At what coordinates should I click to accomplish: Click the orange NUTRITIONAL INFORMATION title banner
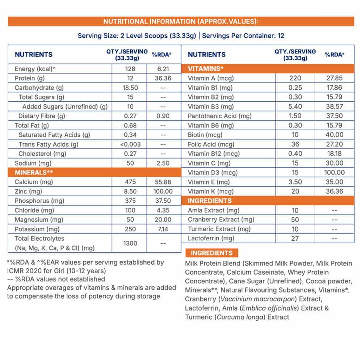[181, 21]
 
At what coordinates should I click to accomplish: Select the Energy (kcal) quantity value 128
[130, 69]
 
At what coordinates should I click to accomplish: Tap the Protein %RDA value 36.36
[163, 78]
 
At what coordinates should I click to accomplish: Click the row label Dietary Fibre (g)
[42, 116]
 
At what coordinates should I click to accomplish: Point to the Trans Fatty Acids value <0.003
[130, 144]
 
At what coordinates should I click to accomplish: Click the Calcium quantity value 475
[130, 182]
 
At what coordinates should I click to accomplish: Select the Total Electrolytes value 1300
[130, 243]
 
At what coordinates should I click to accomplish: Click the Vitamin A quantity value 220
[295, 78]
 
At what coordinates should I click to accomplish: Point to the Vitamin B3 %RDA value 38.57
[334, 106]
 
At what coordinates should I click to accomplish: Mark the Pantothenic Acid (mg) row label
[219, 116]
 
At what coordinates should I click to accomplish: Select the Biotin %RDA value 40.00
[334, 135]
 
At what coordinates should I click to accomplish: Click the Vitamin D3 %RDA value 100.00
[334, 172]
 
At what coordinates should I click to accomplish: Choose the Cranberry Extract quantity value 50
[295, 219]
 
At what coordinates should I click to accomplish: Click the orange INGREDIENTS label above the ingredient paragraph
[212, 253]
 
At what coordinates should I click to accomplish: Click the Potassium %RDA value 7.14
[163, 229]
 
